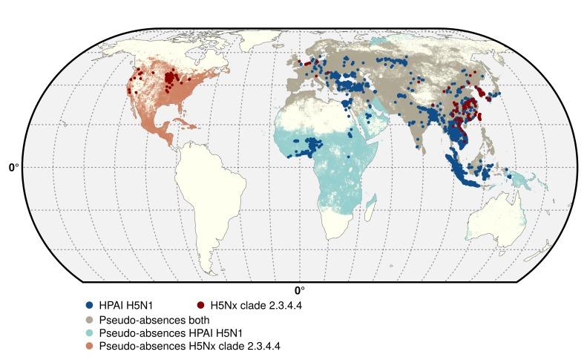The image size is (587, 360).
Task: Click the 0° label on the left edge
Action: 14,167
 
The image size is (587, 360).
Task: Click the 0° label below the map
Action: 299,291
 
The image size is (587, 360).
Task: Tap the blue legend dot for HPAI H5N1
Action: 89,304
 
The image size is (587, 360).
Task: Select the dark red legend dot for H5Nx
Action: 201,304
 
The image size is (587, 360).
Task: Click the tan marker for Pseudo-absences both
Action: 89,319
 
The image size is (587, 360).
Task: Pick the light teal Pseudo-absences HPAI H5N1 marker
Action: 89,333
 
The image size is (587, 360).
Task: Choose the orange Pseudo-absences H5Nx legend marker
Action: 89,346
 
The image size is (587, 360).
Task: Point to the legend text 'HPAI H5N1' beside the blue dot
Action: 123,304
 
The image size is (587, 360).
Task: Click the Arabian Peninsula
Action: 371,122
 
